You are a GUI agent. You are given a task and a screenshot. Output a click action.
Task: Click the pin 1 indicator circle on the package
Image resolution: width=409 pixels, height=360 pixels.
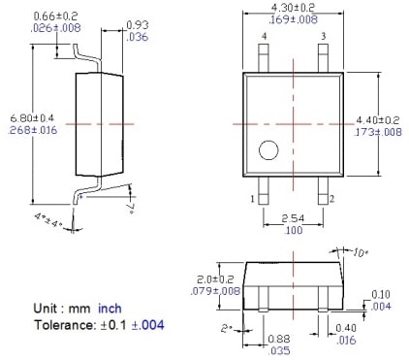point(268,150)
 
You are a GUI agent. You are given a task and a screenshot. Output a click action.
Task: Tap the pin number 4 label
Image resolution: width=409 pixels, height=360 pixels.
point(265,36)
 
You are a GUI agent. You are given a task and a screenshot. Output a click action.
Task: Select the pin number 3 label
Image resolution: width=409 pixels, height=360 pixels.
point(324,36)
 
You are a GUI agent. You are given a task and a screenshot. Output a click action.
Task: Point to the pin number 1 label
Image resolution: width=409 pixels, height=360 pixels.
point(253,199)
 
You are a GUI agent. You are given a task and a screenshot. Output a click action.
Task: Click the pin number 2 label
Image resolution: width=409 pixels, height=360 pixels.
point(331,199)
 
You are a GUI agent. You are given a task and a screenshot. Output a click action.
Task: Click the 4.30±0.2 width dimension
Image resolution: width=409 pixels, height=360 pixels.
point(293,7)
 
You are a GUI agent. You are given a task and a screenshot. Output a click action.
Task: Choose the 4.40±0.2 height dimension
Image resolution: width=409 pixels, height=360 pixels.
point(378,120)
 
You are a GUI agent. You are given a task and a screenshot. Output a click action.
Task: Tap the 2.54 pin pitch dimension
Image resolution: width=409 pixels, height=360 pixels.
point(293,218)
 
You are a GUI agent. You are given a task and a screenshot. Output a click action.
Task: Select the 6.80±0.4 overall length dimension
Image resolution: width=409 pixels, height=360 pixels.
point(32,117)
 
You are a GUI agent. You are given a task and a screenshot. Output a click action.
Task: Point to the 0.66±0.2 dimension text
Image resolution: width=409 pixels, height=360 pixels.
point(55,16)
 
